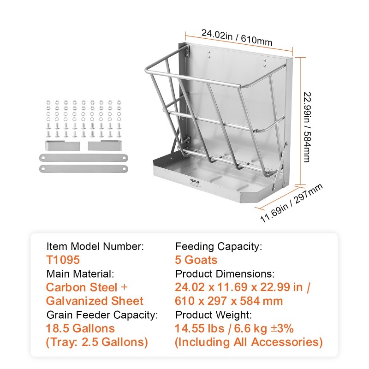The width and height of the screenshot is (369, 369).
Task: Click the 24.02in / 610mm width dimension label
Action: coord(237,38)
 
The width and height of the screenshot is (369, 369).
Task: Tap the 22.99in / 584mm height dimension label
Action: coord(307,127)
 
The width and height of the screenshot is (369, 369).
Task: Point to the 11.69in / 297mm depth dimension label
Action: coord(292,203)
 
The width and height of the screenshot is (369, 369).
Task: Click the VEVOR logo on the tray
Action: coord(195,181)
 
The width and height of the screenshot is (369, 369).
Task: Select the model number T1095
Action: coord(63,260)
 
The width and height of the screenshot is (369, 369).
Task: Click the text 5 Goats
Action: coord(196,260)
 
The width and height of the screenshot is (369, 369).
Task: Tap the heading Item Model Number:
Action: coord(95,246)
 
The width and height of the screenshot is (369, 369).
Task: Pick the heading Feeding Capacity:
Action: coord(219,246)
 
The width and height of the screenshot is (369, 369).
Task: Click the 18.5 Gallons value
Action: coord(80,328)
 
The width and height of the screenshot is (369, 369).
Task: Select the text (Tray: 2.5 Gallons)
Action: coord(97,342)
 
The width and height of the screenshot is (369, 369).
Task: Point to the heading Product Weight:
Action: coord(214,315)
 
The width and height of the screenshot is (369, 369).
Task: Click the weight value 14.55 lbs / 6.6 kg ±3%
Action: coord(234,328)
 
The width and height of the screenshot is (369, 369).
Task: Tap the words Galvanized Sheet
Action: coord(95,301)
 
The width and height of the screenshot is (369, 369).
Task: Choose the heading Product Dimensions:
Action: coord(225,274)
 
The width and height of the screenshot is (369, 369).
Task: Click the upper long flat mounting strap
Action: coord(83,158)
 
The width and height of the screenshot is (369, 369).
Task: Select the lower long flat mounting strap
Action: coord(83,169)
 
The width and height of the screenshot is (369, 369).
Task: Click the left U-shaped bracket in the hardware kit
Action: coord(62,146)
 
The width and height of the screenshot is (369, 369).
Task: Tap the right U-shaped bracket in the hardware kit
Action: coord(105,146)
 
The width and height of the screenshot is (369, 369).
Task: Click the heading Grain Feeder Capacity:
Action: coord(102,315)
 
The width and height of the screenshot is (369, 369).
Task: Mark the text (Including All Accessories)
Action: coord(249,342)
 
